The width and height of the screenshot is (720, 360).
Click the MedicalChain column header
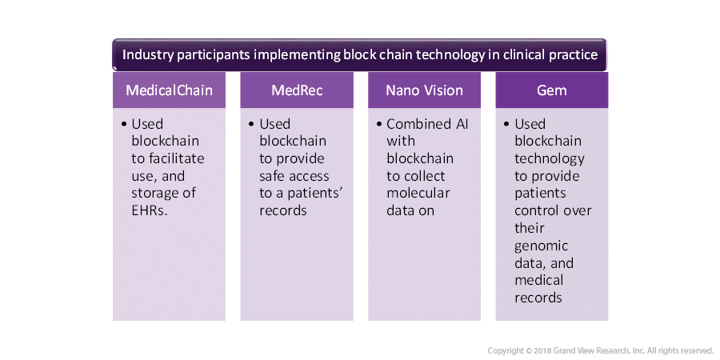click(x=169, y=90)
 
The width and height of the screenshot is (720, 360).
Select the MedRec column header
click(x=297, y=90)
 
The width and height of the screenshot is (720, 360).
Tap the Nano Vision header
click(x=424, y=90)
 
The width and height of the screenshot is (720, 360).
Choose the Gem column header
click(x=551, y=90)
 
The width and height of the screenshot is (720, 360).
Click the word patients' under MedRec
click(x=316, y=194)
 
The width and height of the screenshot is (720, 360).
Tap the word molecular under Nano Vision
click(x=418, y=194)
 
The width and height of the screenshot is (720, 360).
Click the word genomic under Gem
click(x=541, y=246)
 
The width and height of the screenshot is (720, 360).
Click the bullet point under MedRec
click(x=252, y=125)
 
